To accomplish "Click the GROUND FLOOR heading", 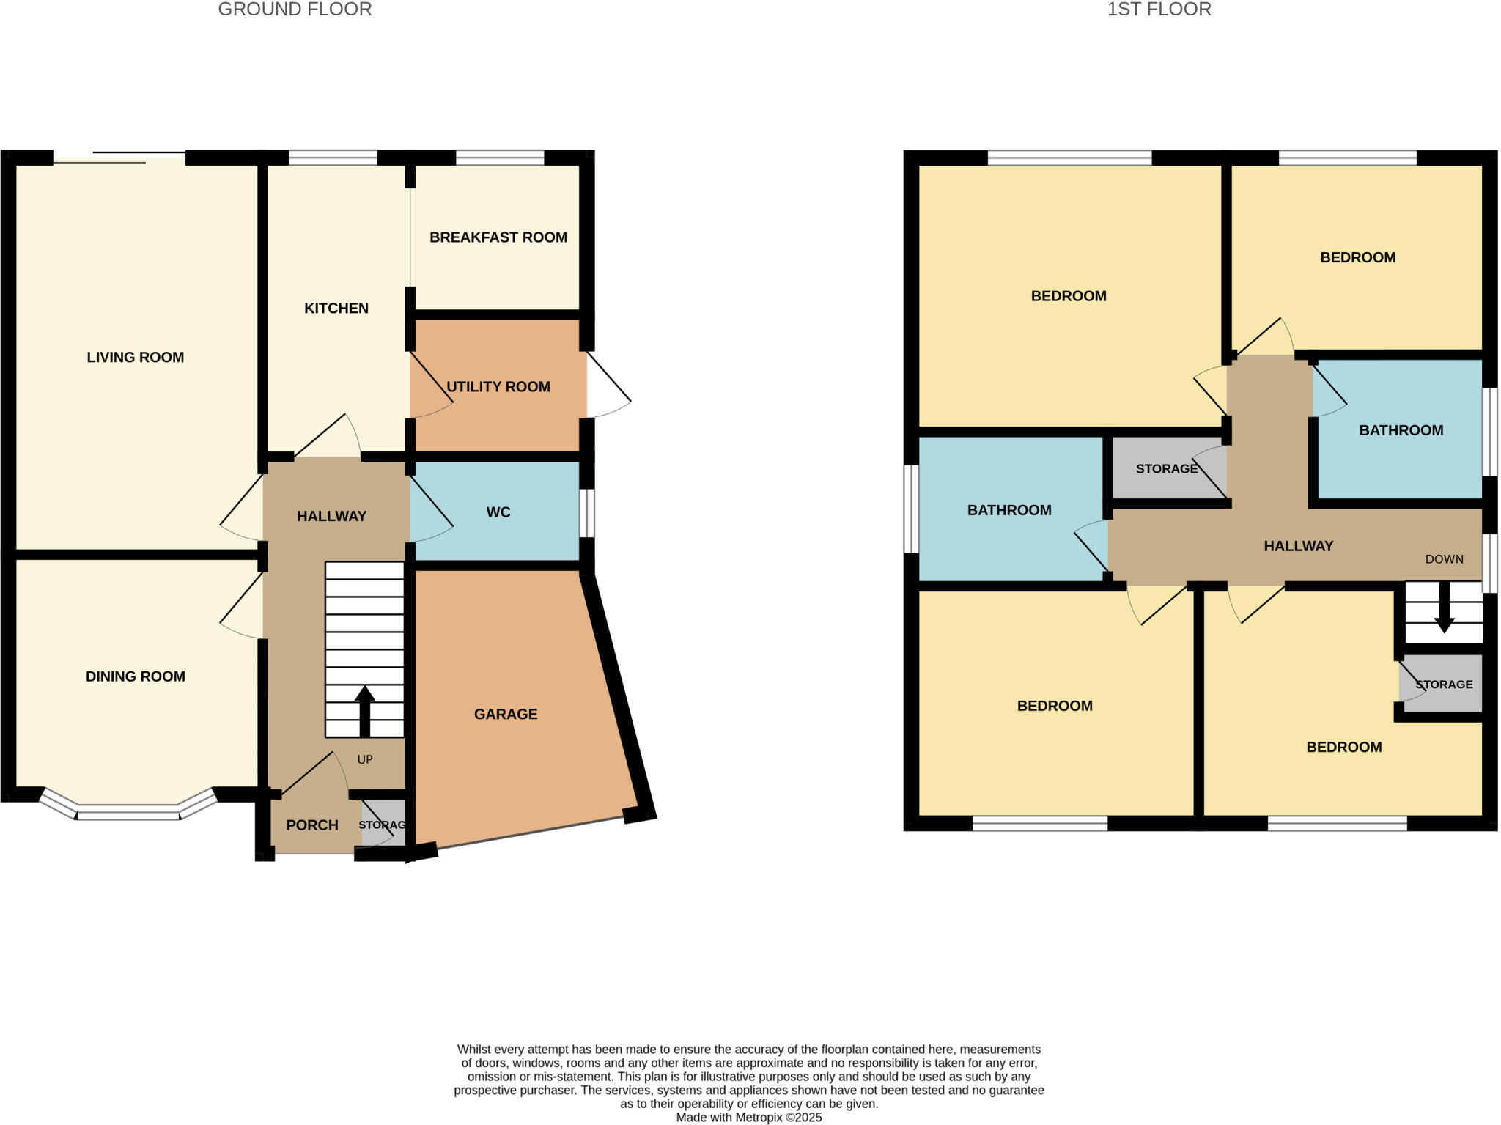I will click(x=295, y=10).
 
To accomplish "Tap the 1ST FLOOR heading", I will click(x=1159, y=10).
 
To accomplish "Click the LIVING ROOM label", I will click(x=136, y=358).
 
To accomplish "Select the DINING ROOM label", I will click(x=136, y=676).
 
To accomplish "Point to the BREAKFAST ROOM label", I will click(x=498, y=237).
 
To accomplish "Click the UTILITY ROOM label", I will click(x=498, y=387).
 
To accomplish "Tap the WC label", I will click(x=498, y=512).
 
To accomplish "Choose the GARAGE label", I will click(x=506, y=714).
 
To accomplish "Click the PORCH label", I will click(x=312, y=825).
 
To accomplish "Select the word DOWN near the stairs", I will click(x=1444, y=559).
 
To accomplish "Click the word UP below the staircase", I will click(x=365, y=759).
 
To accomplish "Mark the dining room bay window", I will click(x=128, y=811).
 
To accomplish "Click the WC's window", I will click(x=587, y=513).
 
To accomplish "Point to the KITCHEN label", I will click(x=336, y=309).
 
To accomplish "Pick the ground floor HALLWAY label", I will click(x=331, y=517).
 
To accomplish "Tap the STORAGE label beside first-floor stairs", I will click(x=1444, y=685).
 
